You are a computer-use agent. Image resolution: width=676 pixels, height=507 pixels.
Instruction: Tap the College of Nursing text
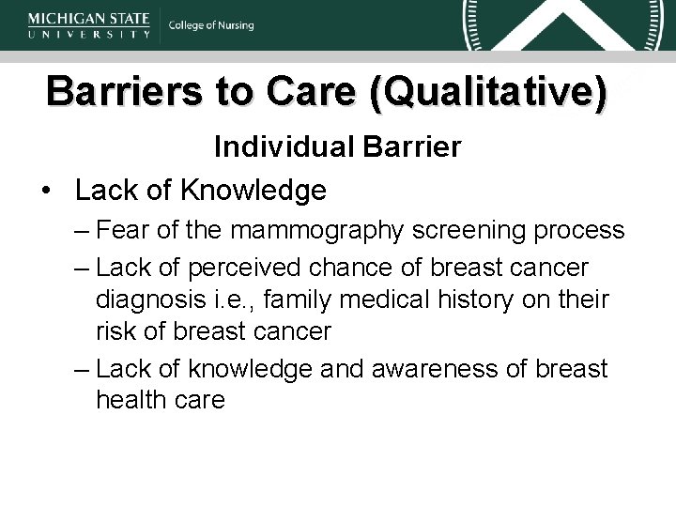click(x=211, y=26)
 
